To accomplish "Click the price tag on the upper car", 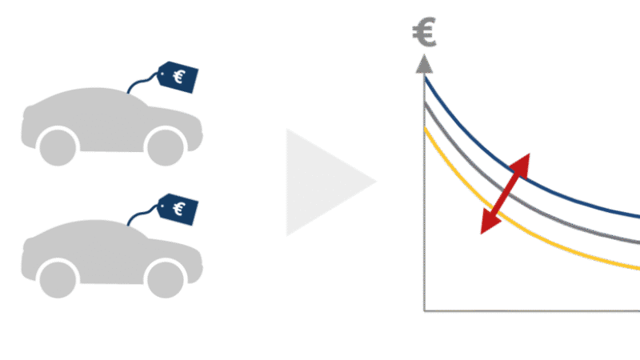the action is [178, 77].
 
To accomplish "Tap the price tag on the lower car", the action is [178, 210].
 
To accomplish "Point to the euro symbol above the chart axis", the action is [425, 32].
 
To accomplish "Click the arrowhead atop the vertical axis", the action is [425, 64].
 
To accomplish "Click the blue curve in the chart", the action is [510, 168].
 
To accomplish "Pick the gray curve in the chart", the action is [510, 196].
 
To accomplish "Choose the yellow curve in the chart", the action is [510, 222].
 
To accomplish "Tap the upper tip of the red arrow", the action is [530, 154].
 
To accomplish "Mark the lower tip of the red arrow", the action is [482, 234].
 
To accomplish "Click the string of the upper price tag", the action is [142, 82].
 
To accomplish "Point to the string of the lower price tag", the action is [142, 214].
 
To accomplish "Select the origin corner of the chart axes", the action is [425, 311].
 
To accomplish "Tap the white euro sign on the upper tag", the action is [178, 77].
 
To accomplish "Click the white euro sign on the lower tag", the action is [178, 209].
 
